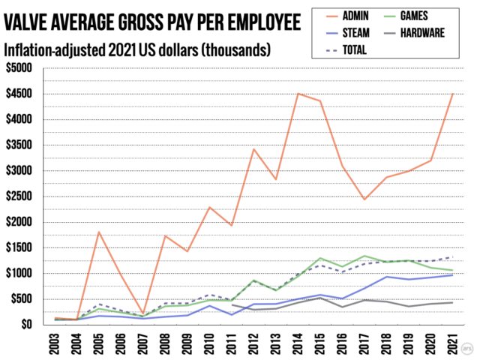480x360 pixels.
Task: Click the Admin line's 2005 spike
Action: pyautogui.click(x=99, y=232)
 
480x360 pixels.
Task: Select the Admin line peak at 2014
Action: pyautogui.click(x=298, y=94)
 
